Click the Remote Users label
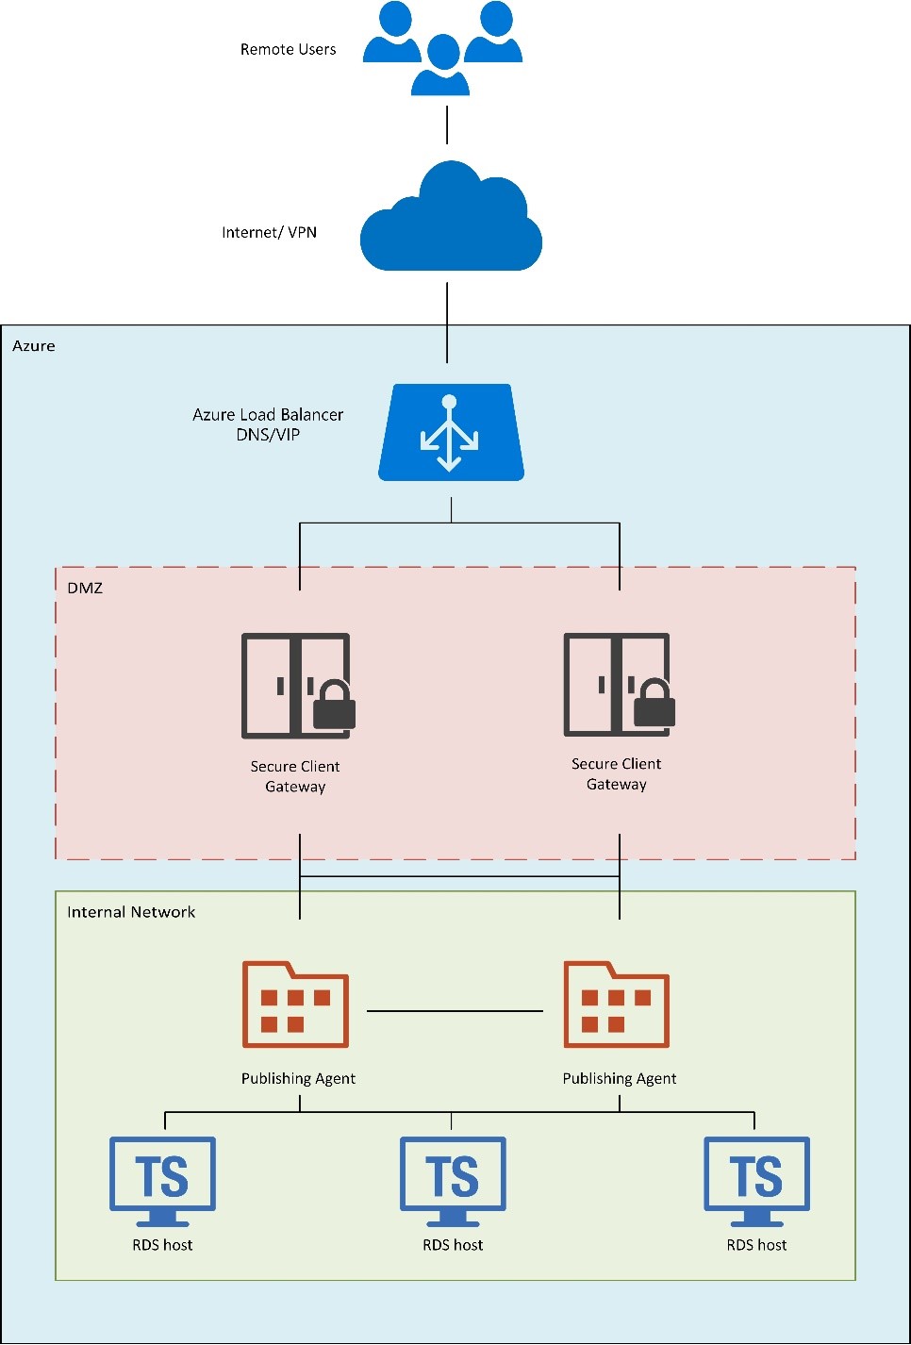(x=288, y=49)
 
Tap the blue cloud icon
(x=451, y=222)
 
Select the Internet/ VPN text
(x=269, y=232)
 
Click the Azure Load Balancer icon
(x=451, y=432)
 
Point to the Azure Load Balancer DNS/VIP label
(x=268, y=424)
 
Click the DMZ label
(x=85, y=588)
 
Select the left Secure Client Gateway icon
(x=297, y=686)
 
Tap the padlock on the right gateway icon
(x=654, y=705)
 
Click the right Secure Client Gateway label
(x=617, y=773)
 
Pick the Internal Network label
(x=131, y=912)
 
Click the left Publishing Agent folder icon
(x=296, y=1005)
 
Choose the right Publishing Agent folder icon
(x=617, y=1005)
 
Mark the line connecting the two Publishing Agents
(x=455, y=1011)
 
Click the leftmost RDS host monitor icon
(x=162, y=1179)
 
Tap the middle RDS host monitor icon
(x=453, y=1179)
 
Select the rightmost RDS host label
(x=756, y=1245)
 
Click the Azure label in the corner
(x=34, y=346)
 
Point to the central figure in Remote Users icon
(x=441, y=66)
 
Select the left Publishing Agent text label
(x=298, y=1078)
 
